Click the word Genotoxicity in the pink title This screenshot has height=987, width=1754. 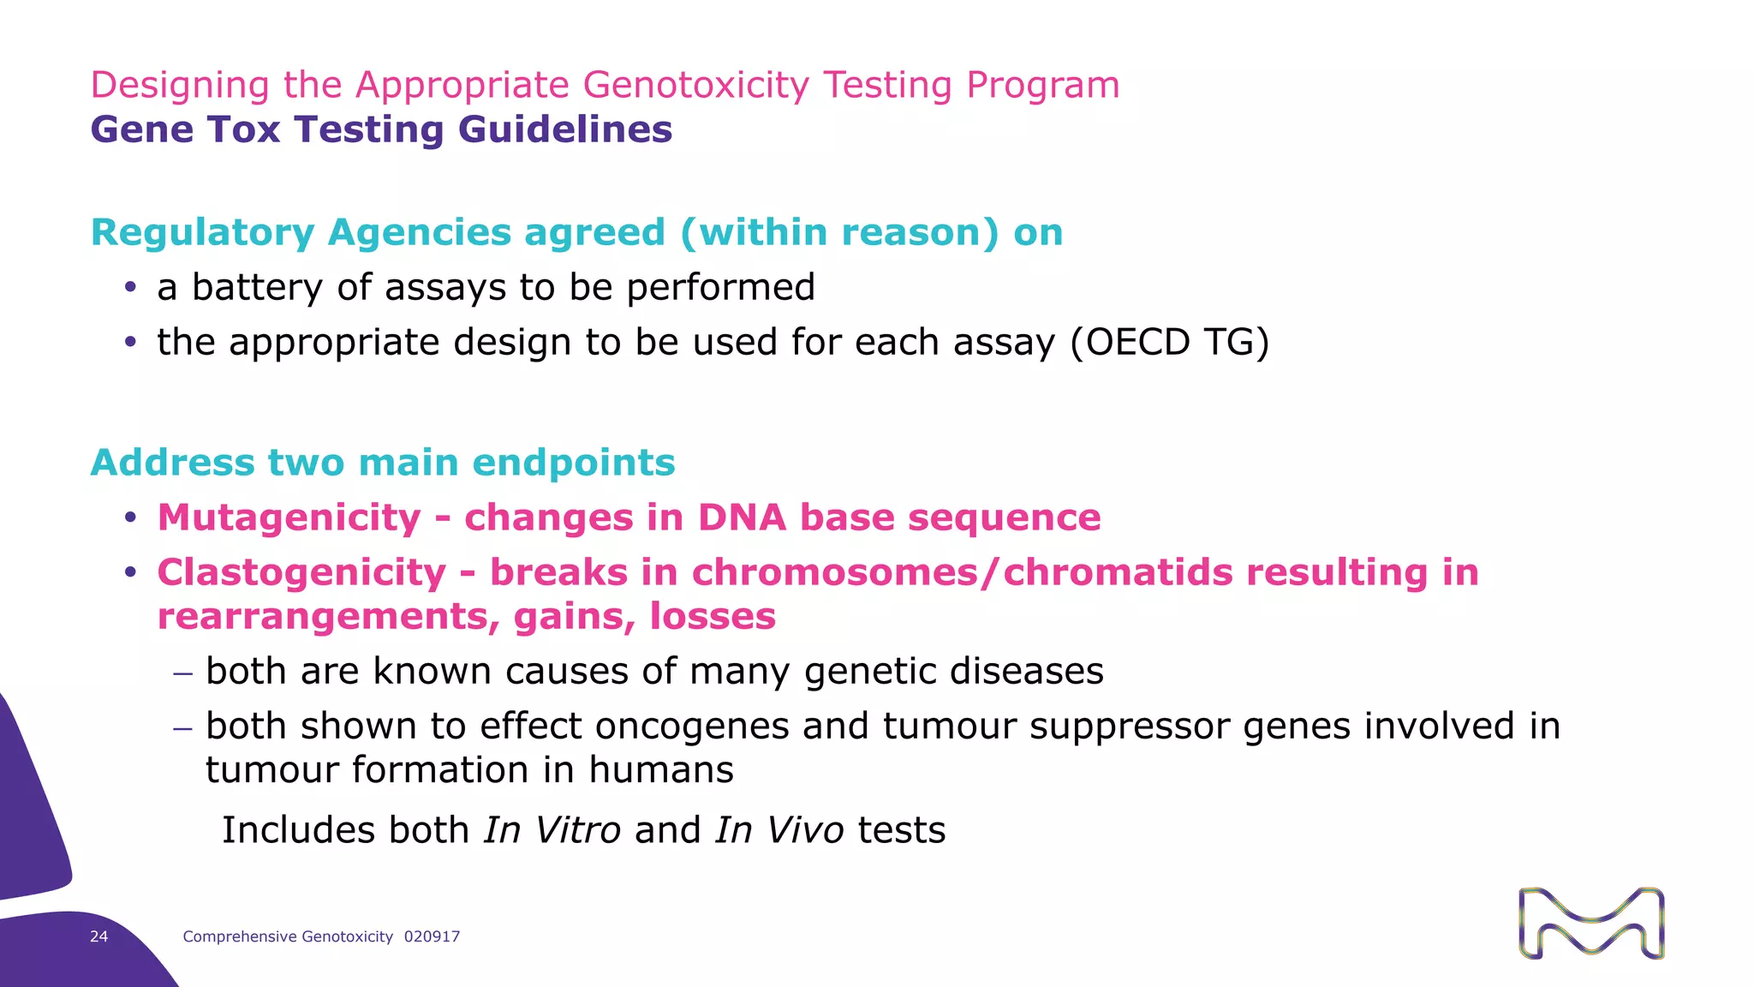click(x=695, y=85)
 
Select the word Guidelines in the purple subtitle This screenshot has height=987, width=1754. click(x=564, y=129)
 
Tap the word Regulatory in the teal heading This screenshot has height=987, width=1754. click(x=203, y=233)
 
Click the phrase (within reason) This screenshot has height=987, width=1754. click(x=839, y=233)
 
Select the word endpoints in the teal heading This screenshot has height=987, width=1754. click(x=573, y=463)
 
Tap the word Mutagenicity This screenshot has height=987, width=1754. click(x=289, y=517)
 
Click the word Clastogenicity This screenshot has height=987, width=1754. click(x=301, y=572)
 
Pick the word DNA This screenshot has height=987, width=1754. click(x=742, y=517)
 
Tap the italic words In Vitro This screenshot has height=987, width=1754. click(x=552, y=830)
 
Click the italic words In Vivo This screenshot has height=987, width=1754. click(x=779, y=830)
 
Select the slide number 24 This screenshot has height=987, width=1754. click(x=99, y=936)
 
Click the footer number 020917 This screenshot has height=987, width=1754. click(x=432, y=936)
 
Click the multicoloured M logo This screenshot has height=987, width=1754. click(x=1591, y=923)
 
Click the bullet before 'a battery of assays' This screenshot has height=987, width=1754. click(x=130, y=288)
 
